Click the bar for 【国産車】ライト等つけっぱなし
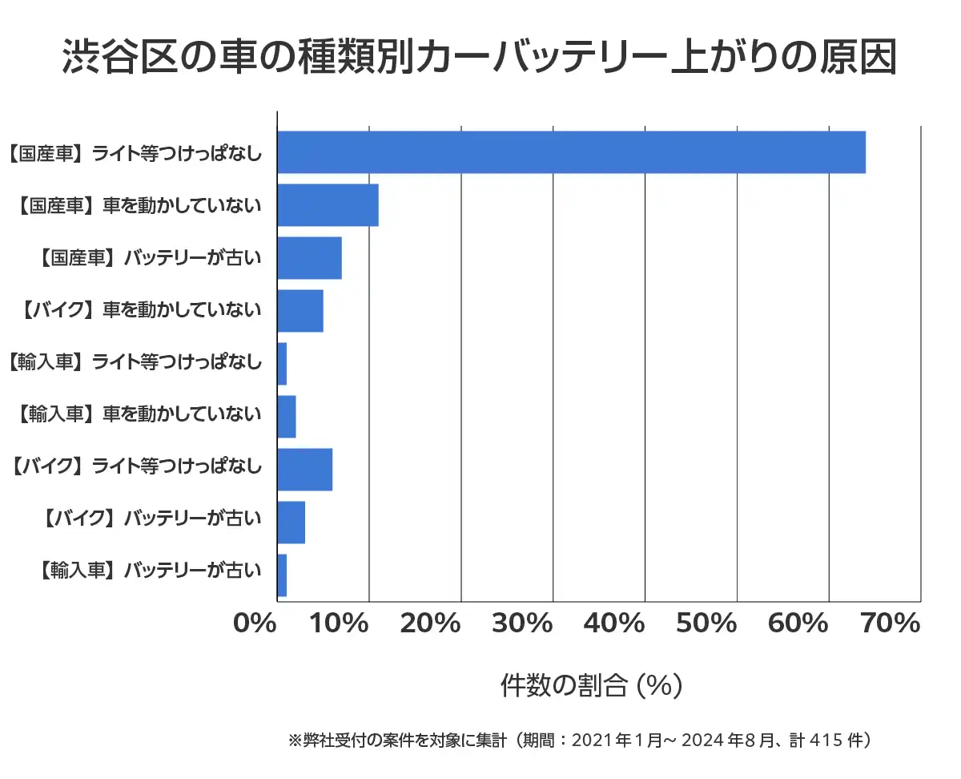pos(571,151)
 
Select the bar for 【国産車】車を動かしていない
pos(328,205)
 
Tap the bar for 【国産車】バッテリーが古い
pos(309,258)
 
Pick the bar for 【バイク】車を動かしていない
pos(300,311)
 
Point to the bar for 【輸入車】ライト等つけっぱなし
pos(282,364)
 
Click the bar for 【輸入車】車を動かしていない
pos(287,417)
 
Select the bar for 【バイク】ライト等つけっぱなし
pos(304,470)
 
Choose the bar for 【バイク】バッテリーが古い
pos(291,523)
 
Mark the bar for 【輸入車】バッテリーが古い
pos(282,575)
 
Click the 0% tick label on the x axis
pos(255,624)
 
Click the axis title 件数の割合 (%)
pos(591,685)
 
